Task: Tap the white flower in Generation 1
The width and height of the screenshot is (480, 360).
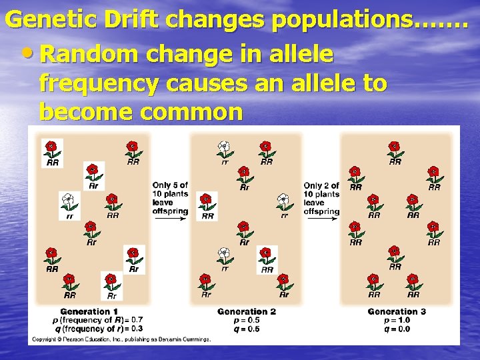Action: click(x=67, y=200)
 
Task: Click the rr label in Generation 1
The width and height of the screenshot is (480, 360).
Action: click(x=69, y=215)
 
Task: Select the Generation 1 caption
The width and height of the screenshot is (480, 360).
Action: click(x=89, y=311)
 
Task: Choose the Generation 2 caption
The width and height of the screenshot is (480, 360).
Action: click(x=246, y=311)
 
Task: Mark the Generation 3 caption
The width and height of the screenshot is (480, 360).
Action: click(x=397, y=311)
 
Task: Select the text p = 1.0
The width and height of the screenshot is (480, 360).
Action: click(x=397, y=320)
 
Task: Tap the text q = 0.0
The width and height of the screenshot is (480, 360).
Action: click(x=397, y=328)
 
